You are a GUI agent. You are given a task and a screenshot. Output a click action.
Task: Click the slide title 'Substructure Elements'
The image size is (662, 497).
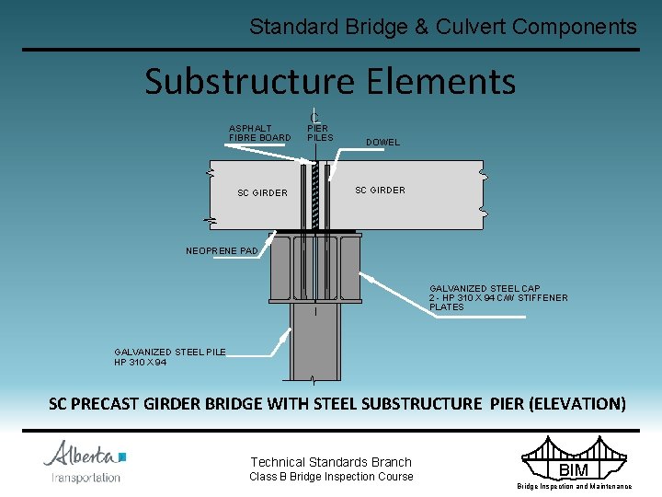click(x=330, y=81)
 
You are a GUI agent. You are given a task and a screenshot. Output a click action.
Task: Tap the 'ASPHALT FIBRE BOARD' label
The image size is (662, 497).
click(x=259, y=133)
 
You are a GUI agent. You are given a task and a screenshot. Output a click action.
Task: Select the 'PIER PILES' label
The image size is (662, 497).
click(x=319, y=133)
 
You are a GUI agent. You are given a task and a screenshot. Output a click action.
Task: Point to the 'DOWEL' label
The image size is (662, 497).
click(x=382, y=143)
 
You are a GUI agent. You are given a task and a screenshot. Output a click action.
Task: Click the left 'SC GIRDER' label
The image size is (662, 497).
click(x=262, y=193)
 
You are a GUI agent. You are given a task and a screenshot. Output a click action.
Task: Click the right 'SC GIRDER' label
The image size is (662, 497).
click(x=380, y=191)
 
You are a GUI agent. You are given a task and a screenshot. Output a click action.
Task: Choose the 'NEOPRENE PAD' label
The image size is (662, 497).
click(x=222, y=250)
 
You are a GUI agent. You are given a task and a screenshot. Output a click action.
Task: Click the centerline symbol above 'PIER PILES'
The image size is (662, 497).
click(x=314, y=116)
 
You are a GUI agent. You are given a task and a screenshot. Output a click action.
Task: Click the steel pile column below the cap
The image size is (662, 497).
click(x=314, y=341)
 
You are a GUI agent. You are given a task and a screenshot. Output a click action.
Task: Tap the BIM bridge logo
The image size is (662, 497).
click(x=573, y=464)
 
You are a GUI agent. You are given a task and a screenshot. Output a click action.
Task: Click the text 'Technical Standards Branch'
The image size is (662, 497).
click(x=331, y=462)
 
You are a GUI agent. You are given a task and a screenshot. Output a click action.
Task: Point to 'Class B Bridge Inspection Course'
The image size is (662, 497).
click(x=331, y=477)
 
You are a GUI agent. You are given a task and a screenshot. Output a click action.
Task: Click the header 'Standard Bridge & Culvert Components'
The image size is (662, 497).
click(x=442, y=27)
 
